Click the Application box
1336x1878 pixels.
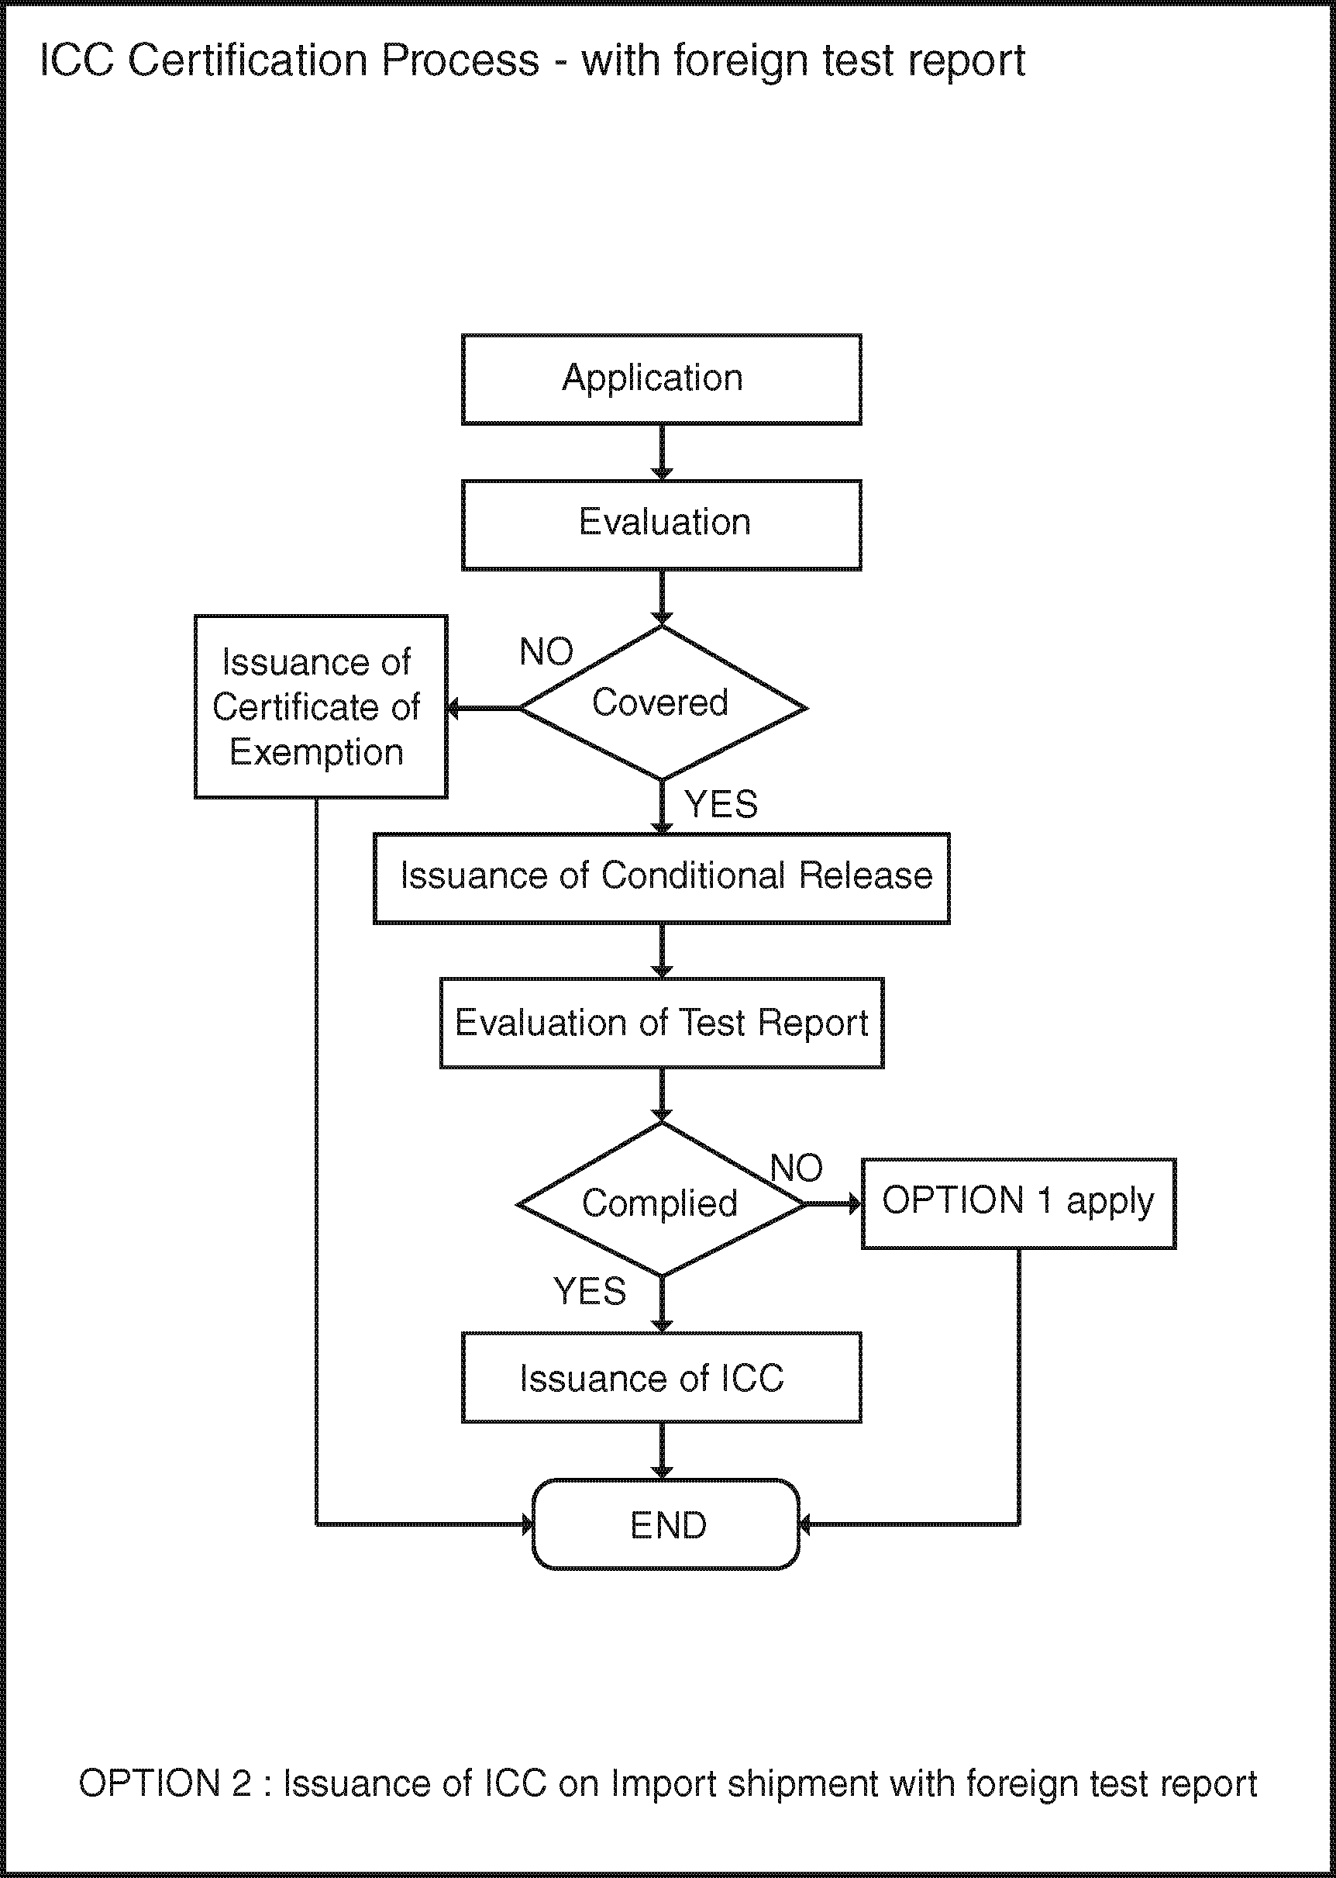[x=662, y=379]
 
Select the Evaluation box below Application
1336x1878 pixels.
[x=662, y=525]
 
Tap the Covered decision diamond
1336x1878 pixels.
[x=663, y=703]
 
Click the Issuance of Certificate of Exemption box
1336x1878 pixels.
[x=321, y=707]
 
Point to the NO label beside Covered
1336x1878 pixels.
[x=546, y=652]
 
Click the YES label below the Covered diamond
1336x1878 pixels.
[x=721, y=804]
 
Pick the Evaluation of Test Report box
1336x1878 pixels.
[x=662, y=1023]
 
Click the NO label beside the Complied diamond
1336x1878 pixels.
[x=797, y=1168]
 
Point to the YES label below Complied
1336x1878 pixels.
[x=590, y=1291]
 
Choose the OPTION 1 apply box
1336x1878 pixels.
[x=1018, y=1204]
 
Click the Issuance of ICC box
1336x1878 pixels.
[x=662, y=1378]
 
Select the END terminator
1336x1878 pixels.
[x=666, y=1524]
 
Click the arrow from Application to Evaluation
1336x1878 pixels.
[x=663, y=453]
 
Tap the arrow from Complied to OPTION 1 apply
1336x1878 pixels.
[x=832, y=1204]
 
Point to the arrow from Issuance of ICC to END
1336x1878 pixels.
[x=663, y=1451]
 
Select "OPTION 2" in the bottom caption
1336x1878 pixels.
[x=164, y=1783]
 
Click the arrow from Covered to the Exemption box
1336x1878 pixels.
[x=484, y=708]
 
